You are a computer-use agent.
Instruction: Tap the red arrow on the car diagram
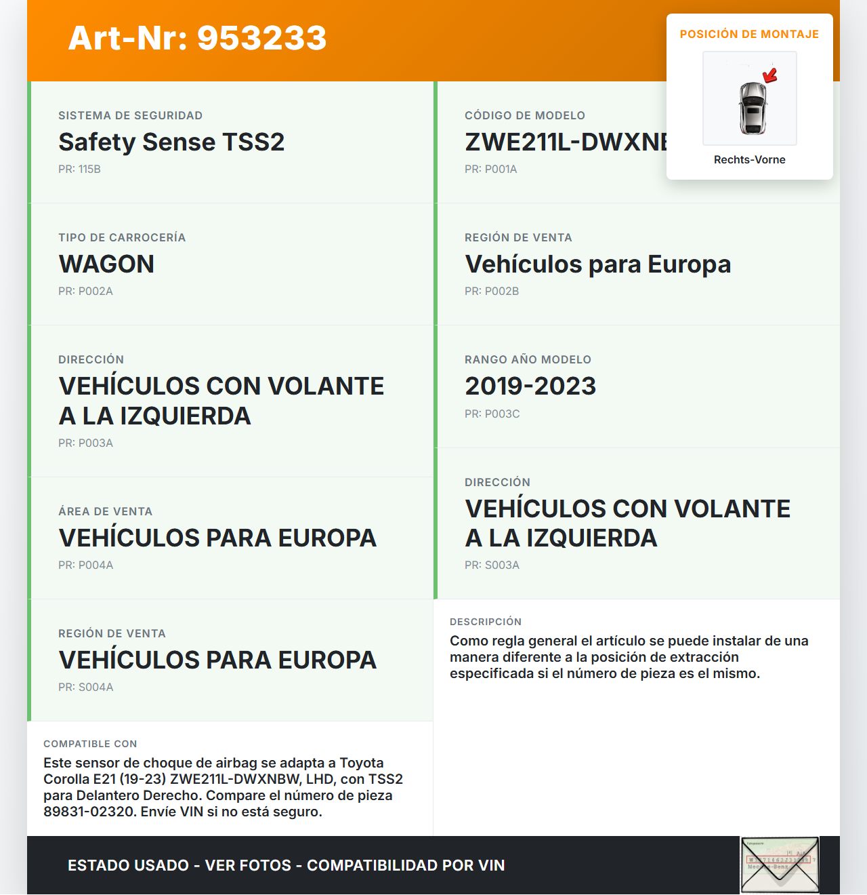point(770,75)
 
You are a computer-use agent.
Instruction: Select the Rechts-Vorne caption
point(749,160)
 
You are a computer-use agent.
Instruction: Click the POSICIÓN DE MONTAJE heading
point(749,35)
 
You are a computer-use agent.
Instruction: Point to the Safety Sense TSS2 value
point(171,142)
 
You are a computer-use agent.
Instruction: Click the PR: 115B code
point(79,170)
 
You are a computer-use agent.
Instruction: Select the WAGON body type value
point(106,264)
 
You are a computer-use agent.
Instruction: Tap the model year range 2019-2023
point(530,386)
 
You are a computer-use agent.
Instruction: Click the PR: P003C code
point(492,414)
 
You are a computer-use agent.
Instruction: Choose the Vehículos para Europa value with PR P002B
point(597,264)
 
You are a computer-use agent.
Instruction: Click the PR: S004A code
point(85,688)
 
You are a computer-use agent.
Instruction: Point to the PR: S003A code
point(492,565)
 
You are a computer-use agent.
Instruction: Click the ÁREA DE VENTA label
point(105,512)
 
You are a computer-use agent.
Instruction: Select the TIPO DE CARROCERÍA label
point(122,238)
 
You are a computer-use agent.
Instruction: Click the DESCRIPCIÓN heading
point(485,622)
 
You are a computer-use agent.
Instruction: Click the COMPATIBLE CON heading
point(90,744)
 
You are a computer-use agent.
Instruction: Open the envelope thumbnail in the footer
point(780,865)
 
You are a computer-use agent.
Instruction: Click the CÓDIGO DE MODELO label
point(524,116)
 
